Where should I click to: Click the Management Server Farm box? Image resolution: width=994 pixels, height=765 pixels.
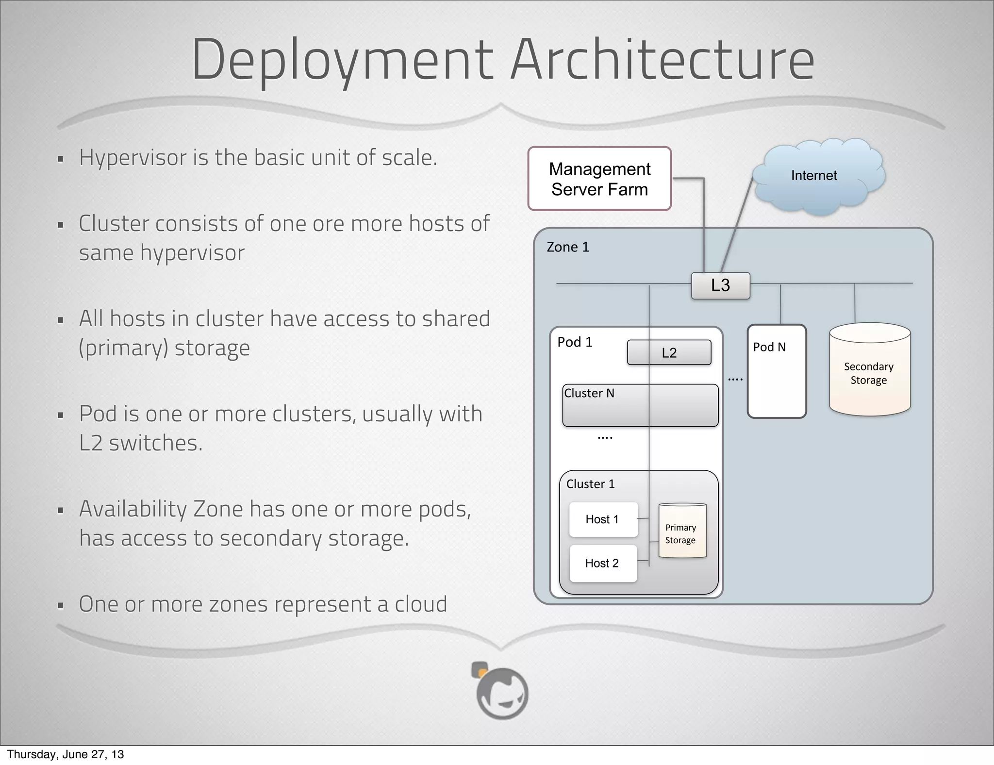coord(599,179)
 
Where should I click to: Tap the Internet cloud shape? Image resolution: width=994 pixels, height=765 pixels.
coord(819,176)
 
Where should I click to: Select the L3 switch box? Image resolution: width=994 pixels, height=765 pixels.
coord(720,285)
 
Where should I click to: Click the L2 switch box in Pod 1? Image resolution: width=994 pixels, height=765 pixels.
coord(669,353)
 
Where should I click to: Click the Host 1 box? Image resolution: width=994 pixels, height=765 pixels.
coord(603,519)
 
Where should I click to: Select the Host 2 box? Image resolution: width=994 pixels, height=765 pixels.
coord(602,563)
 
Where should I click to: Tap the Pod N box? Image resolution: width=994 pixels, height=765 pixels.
coord(777,371)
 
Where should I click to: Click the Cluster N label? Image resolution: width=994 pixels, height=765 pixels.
coord(589,393)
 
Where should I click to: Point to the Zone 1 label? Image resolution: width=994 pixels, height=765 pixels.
coord(568,247)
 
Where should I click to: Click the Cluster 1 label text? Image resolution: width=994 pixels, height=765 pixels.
coord(590,484)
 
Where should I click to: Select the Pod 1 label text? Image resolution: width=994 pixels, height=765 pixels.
coord(575,342)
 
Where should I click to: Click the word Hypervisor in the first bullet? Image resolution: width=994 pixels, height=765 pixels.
coord(133,158)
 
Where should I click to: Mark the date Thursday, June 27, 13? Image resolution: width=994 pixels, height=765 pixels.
coord(66,754)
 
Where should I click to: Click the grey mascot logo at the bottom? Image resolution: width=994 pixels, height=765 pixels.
coord(501,691)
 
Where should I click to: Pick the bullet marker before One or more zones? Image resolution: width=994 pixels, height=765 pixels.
coord(61,606)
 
